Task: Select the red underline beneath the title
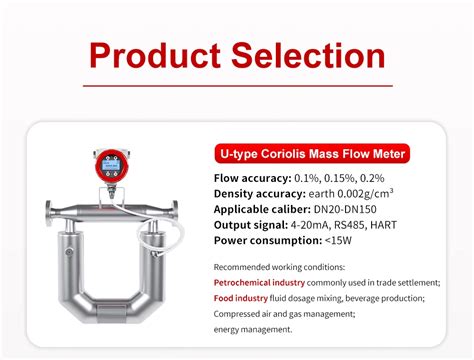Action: coord(237,85)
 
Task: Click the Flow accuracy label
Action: coord(254,177)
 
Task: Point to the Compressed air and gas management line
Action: coord(283,312)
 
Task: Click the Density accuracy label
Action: coord(258,193)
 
